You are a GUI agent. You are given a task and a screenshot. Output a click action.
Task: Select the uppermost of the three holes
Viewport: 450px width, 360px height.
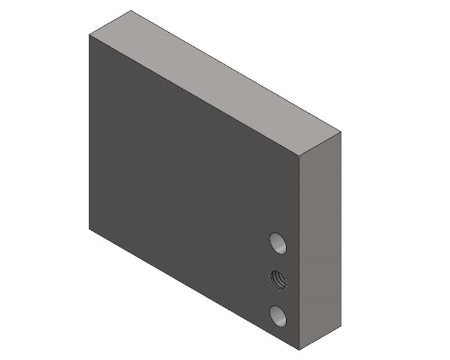(278, 243)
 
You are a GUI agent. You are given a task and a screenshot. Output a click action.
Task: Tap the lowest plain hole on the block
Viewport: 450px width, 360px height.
(278, 315)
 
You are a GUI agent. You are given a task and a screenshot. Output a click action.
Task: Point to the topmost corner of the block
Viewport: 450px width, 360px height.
(131, 10)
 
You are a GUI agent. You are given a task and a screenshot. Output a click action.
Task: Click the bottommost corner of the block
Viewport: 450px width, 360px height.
(300, 350)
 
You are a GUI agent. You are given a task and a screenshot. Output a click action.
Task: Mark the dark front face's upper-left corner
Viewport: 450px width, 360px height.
(89, 35)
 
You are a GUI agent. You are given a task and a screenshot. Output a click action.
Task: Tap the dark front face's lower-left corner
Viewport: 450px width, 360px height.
(89, 228)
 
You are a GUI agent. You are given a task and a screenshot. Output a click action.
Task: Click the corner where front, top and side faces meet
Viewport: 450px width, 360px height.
(300, 157)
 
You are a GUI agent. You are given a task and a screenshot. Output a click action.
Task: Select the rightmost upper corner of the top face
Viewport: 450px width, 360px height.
(341, 132)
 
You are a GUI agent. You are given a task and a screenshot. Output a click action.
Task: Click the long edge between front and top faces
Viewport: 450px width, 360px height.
(193, 95)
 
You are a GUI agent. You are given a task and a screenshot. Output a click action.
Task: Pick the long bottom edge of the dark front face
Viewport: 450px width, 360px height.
(193, 289)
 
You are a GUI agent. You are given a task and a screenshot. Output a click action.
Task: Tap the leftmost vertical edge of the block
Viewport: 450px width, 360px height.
(89, 129)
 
